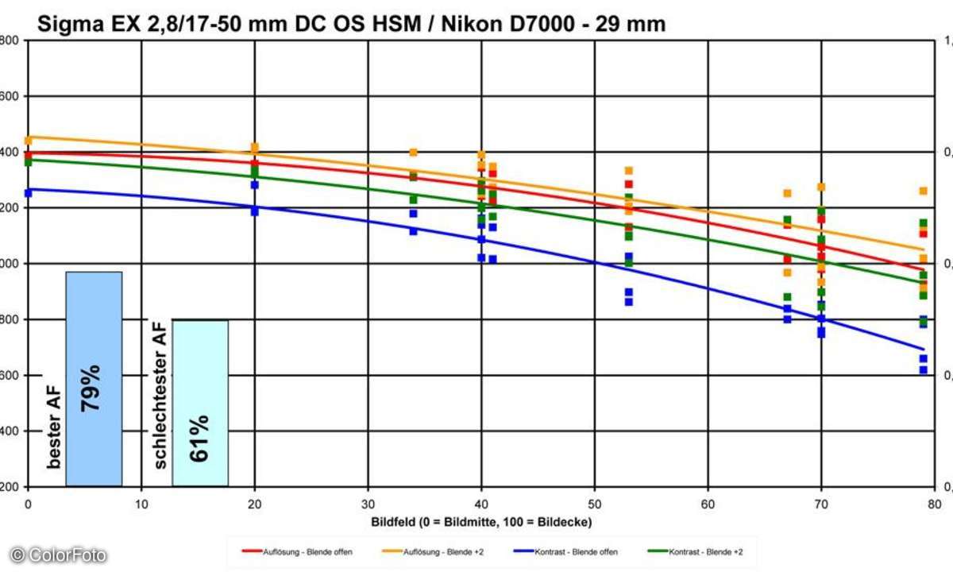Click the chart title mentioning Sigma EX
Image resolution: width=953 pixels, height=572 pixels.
click(351, 25)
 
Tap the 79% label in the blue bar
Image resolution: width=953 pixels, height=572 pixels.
click(91, 387)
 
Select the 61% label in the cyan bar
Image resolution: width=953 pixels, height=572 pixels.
click(199, 438)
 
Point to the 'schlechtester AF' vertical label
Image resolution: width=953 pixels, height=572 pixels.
click(160, 394)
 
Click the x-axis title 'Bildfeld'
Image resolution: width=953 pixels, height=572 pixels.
click(481, 521)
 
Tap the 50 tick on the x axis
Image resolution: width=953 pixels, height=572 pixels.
click(595, 503)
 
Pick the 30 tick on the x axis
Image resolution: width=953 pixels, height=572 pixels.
click(368, 503)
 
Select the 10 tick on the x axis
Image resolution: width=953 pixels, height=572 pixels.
click(141, 503)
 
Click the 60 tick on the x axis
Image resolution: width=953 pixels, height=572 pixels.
click(708, 503)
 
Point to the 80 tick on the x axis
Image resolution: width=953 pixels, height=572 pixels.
click(934, 503)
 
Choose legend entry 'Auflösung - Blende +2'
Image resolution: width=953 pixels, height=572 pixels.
click(427, 551)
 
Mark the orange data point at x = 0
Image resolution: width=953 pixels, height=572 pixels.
click(29, 141)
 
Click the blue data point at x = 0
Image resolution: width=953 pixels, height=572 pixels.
click(29, 193)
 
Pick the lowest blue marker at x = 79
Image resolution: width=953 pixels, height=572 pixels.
click(923, 369)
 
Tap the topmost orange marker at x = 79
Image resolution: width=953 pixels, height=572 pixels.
click(923, 191)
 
